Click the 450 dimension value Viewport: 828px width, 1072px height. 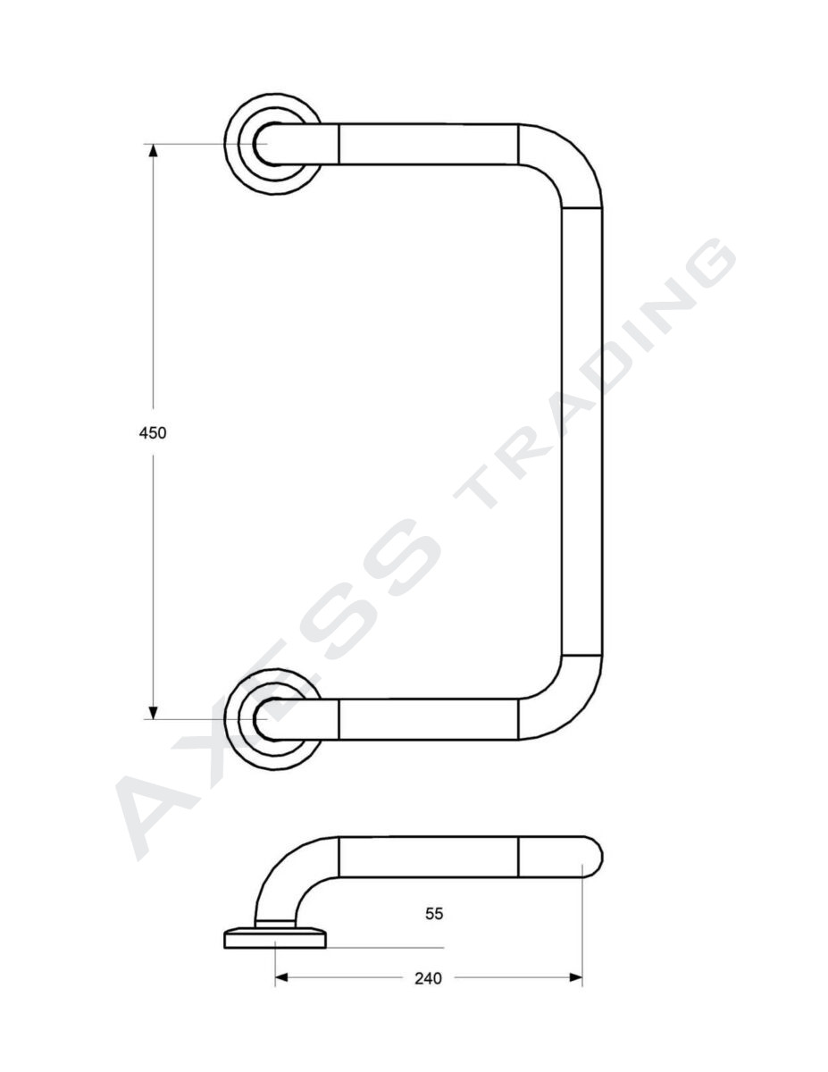[153, 432]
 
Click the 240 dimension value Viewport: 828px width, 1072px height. [428, 978]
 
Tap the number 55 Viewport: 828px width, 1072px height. [434, 913]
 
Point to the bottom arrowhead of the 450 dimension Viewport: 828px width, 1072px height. [153, 712]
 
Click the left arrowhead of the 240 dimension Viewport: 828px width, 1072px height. [280, 978]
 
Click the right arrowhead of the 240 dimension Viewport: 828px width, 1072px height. [576, 978]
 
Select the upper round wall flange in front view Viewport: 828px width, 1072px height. [272, 143]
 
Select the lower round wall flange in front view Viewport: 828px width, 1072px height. [272, 718]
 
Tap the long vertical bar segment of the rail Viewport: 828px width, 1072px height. [582, 432]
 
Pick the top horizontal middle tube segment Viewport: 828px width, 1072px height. [428, 145]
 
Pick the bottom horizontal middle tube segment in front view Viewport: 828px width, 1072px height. [428, 720]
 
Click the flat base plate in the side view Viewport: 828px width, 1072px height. [275, 937]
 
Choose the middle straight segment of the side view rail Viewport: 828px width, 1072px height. [428, 858]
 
